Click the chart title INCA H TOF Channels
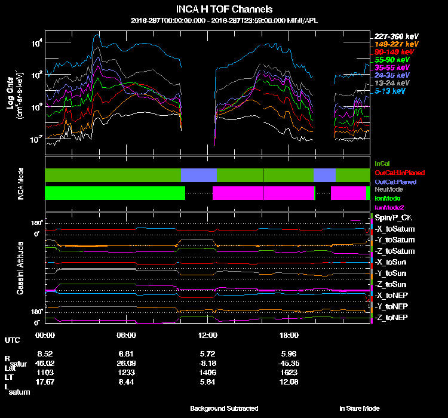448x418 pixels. pyautogui.click(x=224, y=9)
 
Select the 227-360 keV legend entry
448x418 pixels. pyautogui.click(x=397, y=36)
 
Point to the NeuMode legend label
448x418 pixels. pyautogui.click(x=388, y=189)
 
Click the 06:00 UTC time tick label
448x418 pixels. pyautogui.click(x=127, y=335)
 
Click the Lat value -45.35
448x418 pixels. pyautogui.click(x=289, y=362)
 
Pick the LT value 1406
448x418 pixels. pyautogui.click(x=208, y=371)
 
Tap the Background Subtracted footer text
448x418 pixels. pyautogui.click(x=224, y=408)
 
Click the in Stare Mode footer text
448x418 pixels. pyautogui.click(x=359, y=408)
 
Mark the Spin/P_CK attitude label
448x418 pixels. pyautogui.click(x=394, y=219)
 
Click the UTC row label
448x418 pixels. pyautogui.click(x=12, y=340)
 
